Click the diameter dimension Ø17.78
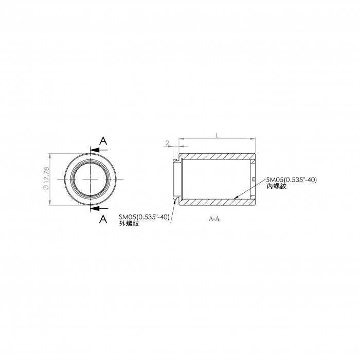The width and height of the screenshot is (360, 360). pyautogui.click(x=46, y=178)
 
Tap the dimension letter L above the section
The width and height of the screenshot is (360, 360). pyautogui.click(x=217, y=135)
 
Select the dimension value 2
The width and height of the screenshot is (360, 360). pyautogui.click(x=167, y=143)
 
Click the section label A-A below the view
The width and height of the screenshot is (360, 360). pyautogui.click(x=214, y=219)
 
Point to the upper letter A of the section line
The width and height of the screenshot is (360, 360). pyautogui.click(x=103, y=140)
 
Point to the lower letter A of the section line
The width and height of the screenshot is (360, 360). pyautogui.click(x=103, y=219)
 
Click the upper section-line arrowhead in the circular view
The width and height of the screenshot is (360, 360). pyautogui.click(x=95, y=150)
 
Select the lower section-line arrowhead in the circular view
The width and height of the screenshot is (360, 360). pyautogui.click(x=95, y=208)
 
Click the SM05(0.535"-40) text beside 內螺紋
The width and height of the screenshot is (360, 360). pyautogui.click(x=292, y=180)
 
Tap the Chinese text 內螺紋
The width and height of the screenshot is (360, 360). pyautogui.click(x=277, y=186)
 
